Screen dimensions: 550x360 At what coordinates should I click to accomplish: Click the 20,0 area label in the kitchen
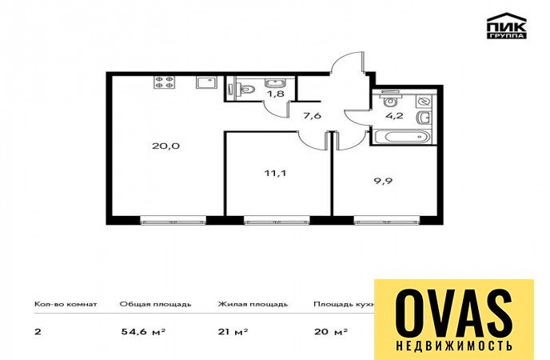click(166, 146)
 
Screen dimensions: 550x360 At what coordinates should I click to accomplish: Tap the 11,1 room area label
click(275, 173)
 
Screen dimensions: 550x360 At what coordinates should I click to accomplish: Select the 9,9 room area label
click(383, 182)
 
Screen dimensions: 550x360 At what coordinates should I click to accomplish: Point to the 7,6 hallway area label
click(313, 115)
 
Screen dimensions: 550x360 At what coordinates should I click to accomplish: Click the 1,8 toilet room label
click(275, 94)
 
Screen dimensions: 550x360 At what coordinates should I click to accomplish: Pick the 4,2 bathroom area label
click(394, 115)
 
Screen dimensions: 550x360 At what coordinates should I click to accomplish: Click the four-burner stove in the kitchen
click(164, 82)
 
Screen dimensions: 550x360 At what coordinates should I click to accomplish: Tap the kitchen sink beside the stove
click(206, 83)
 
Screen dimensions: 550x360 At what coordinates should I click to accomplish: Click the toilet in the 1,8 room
click(247, 88)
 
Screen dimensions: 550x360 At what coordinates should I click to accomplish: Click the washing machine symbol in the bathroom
click(424, 102)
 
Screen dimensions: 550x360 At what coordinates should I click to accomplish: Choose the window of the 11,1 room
click(277, 220)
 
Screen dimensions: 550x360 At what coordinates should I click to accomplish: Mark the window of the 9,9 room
click(387, 220)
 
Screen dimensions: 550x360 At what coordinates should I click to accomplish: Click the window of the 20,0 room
click(173, 220)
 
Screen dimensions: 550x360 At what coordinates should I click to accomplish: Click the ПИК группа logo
click(507, 26)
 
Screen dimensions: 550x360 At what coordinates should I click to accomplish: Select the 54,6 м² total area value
click(143, 331)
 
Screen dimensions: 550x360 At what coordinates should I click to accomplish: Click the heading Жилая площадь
click(253, 304)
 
